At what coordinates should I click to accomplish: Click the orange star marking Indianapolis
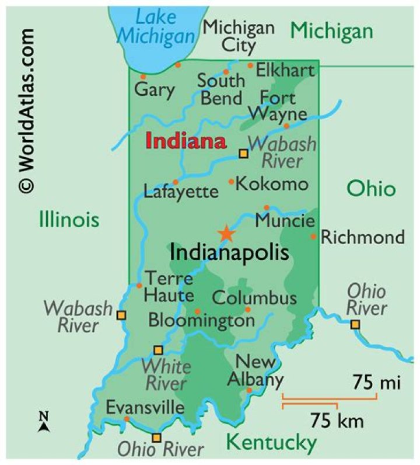coord(226,234)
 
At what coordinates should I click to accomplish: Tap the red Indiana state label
coord(185,141)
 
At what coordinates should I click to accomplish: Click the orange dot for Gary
coord(143,77)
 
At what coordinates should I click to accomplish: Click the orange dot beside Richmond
coord(313,237)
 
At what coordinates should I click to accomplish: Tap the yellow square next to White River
coord(158,351)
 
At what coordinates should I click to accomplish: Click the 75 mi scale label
coord(376,383)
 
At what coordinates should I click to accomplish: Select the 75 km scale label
coord(337,419)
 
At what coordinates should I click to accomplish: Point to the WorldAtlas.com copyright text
coord(26,110)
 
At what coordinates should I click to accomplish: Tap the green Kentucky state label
coord(271,442)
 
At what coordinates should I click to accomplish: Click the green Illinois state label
coord(69,220)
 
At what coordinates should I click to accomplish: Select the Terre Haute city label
coord(169,286)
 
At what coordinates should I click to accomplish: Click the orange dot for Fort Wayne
coord(286,126)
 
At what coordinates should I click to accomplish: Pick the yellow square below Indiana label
coord(244,154)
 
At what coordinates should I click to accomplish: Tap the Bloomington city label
coord(201,320)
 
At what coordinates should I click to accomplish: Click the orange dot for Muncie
coord(267,208)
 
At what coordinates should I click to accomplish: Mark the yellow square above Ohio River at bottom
coord(156,438)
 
